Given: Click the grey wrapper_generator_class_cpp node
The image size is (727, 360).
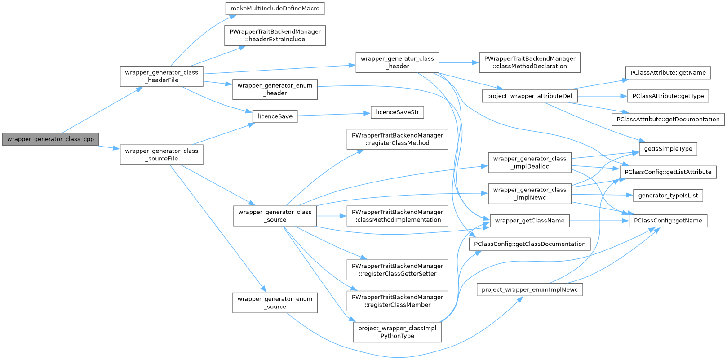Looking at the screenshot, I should coord(50,139).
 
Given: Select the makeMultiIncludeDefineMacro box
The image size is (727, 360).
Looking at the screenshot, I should coord(275,9).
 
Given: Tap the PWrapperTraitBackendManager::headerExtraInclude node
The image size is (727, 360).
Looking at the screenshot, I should coord(275,36).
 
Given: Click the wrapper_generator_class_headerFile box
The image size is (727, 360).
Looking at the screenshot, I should coord(161,76).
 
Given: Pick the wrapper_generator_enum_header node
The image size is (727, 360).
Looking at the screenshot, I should coord(275,89).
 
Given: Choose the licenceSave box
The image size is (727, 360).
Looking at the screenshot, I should coord(275,116).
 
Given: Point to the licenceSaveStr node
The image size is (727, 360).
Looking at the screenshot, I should coord(397,112).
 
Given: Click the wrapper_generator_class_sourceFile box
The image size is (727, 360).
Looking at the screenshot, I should coord(161,155).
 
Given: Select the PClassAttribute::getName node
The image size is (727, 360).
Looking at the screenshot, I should coord(668,73).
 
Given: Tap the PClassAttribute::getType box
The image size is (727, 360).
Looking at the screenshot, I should coord(668,96).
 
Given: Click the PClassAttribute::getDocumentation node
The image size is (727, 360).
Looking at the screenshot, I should coord(668,120).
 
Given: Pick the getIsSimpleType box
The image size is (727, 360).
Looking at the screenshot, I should coord(668,149).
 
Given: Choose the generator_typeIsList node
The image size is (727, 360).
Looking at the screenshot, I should coord(668,196).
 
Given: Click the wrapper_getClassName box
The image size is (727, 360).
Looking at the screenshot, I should coord(529,221).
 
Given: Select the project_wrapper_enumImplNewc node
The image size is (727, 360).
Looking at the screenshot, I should coord(529,290).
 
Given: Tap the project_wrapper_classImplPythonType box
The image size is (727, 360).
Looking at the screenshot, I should coord(397,332).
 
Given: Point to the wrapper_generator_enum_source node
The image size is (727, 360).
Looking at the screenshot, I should coord(275,303).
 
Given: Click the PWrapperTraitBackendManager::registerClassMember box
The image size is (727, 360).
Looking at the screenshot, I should coord(397,301).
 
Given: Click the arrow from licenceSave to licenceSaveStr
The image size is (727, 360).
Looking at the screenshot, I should coord(334,115).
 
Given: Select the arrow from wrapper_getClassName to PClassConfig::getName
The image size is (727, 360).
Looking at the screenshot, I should coord(599,221).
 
